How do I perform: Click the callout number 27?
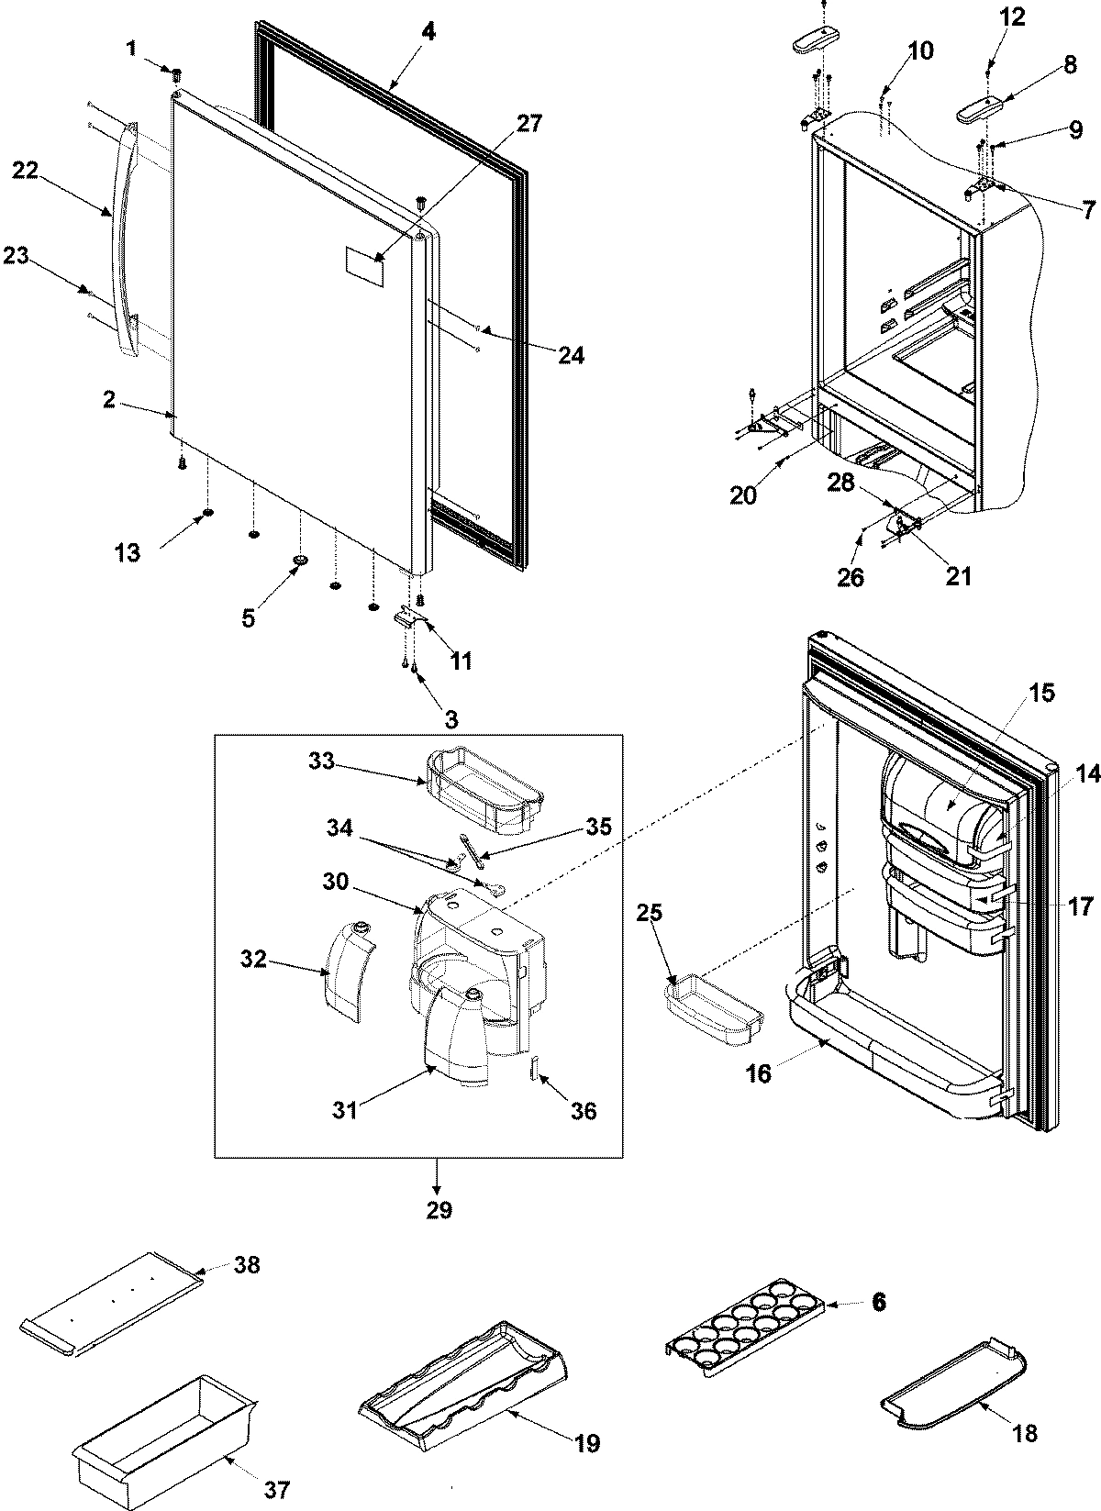(x=529, y=123)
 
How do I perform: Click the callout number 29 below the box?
(x=439, y=1210)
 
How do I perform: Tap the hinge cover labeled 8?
(x=978, y=112)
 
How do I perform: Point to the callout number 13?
(x=128, y=552)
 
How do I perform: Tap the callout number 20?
(x=744, y=495)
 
